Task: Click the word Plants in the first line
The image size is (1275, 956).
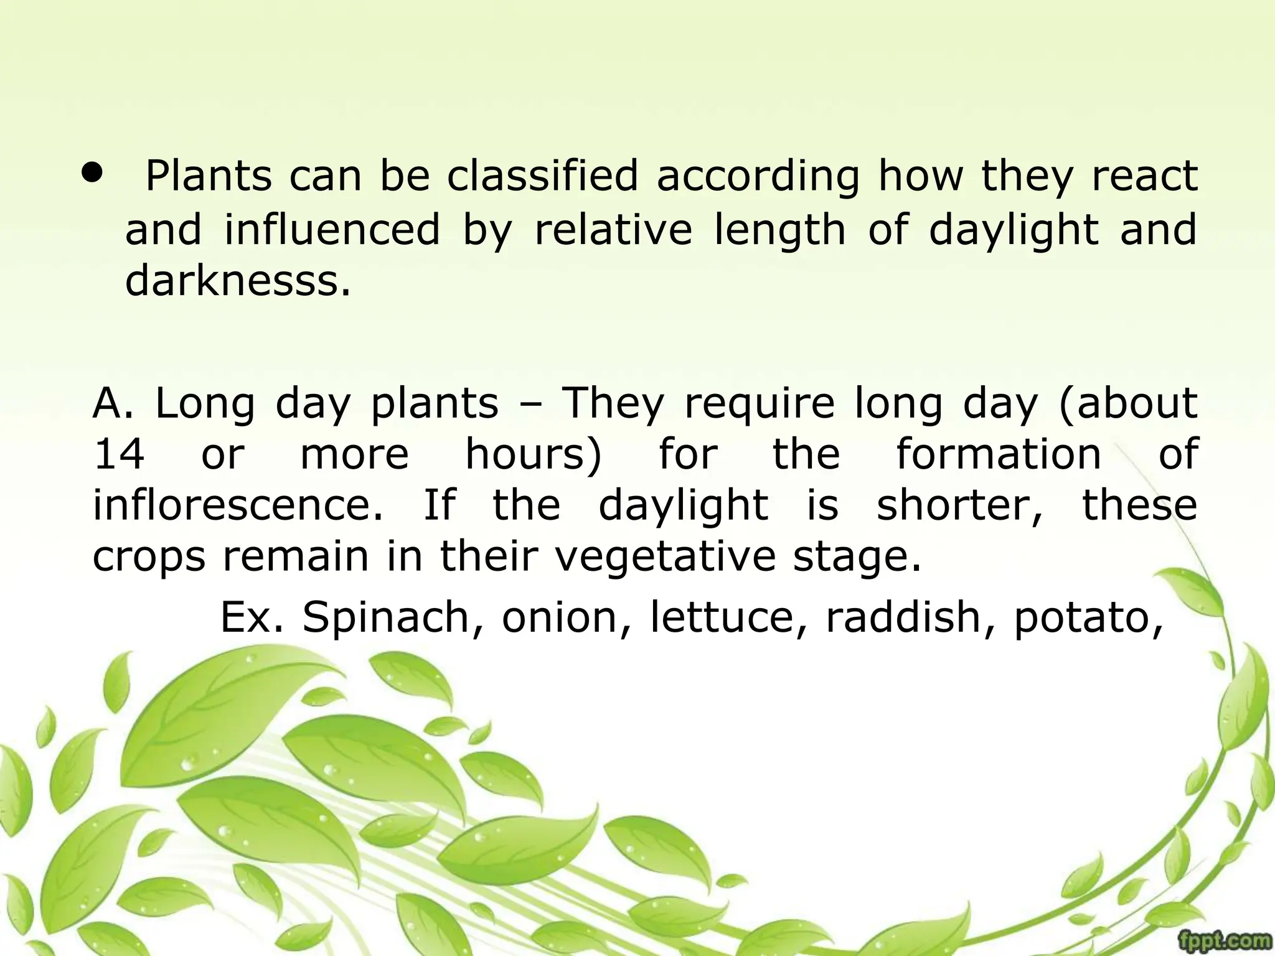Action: pyautogui.click(x=209, y=176)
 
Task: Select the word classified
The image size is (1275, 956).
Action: pyautogui.click(x=542, y=176)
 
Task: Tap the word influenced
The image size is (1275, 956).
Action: pyautogui.click(x=332, y=229)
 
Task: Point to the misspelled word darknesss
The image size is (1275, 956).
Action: pyautogui.click(x=238, y=281)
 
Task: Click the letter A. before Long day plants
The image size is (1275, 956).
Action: pyautogui.click(x=113, y=403)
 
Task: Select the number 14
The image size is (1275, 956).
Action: pyautogui.click(x=118, y=454)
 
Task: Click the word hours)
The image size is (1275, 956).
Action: pyautogui.click(x=534, y=454)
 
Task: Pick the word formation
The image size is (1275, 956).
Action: pyautogui.click(x=999, y=454)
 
